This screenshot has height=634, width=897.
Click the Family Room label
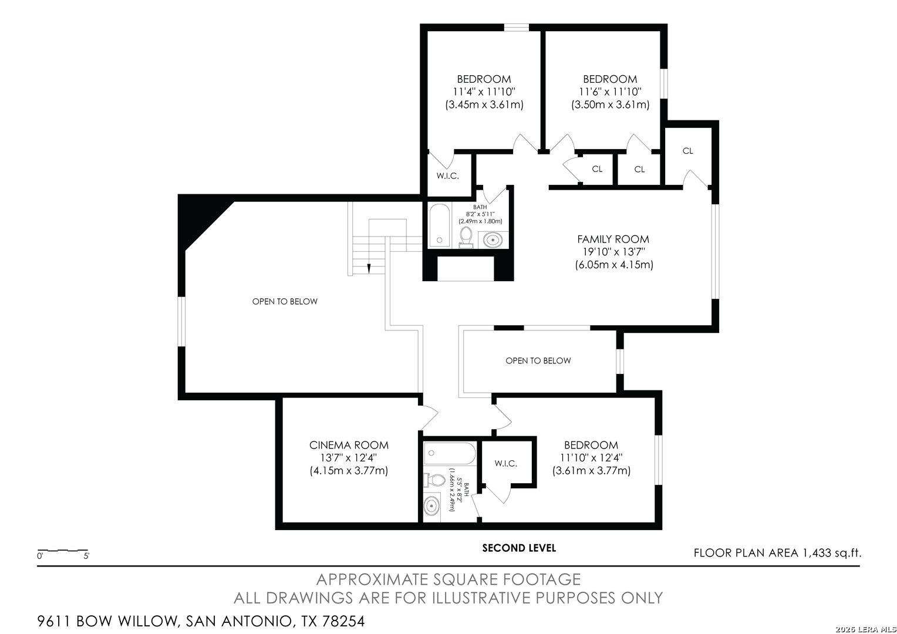[613, 239]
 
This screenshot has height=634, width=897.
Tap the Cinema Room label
[349, 445]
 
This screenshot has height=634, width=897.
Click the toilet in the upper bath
[466, 237]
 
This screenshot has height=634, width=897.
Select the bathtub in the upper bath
[440, 225]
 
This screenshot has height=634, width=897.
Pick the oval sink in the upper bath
[493, 240]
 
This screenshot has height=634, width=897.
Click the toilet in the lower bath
[434, 480]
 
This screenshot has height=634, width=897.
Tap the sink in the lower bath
[431, 506]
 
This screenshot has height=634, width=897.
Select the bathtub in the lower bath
[450, 454]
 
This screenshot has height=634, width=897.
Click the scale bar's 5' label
[86, 556]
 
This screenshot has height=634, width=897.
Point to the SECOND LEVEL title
[519, 548]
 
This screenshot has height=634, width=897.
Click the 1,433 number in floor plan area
[817, 553]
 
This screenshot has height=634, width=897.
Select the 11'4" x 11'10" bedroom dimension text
[484, 92]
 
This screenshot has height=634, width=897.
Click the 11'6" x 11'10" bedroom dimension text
[611, 92]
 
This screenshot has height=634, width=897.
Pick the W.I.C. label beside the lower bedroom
[506, 463]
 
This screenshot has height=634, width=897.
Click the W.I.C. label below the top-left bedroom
[448, 176]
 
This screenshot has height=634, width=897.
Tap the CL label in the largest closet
[688, 151]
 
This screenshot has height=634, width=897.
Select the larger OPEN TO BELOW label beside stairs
[285, 301]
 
